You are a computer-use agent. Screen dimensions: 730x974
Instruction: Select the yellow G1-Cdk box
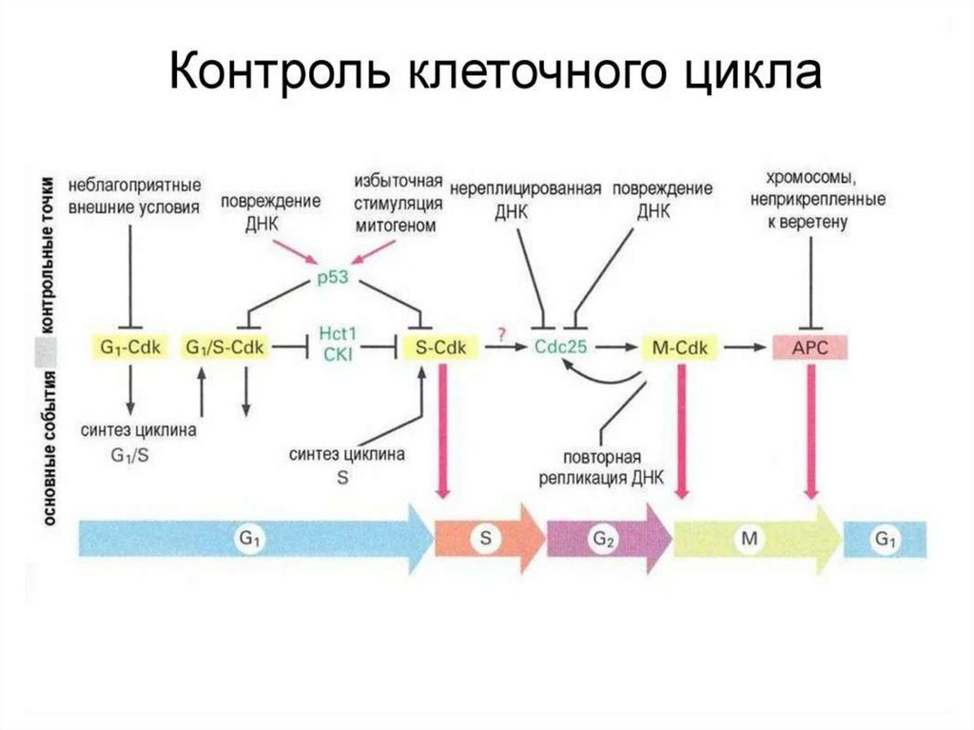tap(130, 347)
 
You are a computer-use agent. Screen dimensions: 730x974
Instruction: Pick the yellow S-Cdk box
tap(441, 347)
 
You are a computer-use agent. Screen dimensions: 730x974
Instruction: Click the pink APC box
tap(810, 347)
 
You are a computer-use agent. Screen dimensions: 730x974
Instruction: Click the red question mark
tap(499, 331)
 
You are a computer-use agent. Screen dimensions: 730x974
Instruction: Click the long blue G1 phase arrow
tap(252, 539)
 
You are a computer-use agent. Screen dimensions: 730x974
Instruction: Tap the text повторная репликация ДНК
tap(601, 466)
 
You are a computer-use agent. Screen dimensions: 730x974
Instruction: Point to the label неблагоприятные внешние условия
tap(134, 196)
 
